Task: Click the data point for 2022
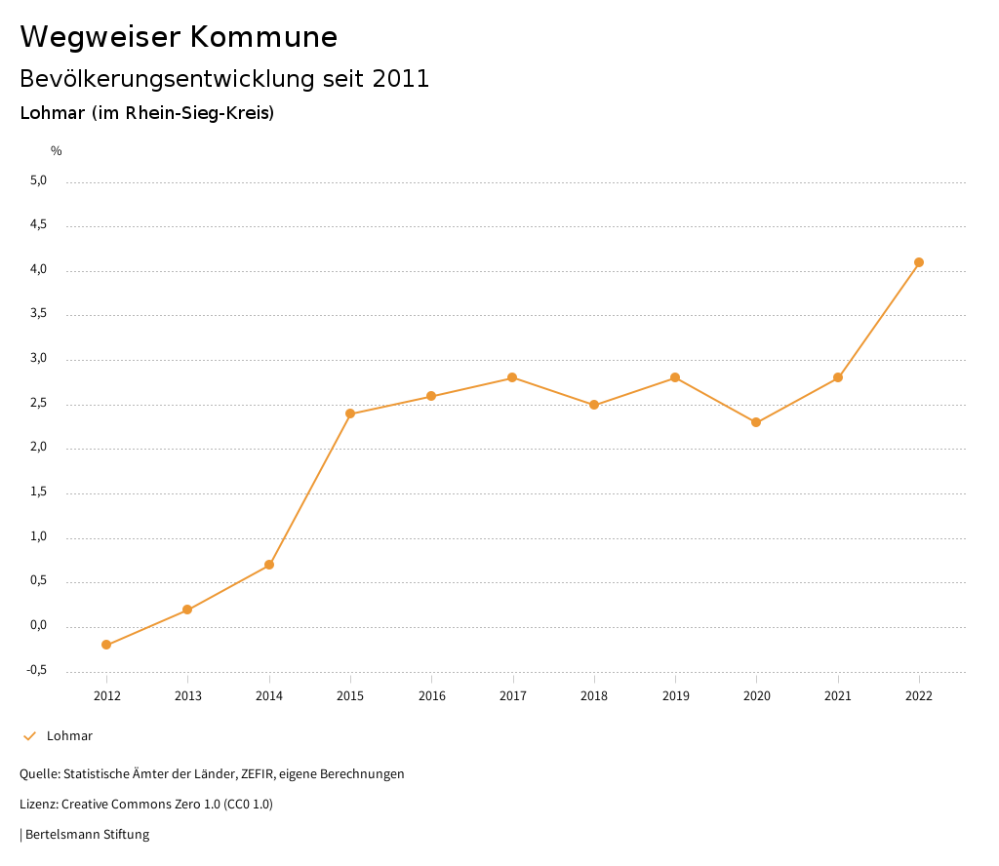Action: [919, 262]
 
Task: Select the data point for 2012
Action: [106, 645]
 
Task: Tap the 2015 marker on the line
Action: [350, 413]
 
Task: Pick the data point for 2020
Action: [756, 422]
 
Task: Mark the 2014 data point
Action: [269, 565]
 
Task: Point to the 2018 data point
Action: [593, 405]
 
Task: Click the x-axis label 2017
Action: [512, 695]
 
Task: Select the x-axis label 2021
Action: [837, 695]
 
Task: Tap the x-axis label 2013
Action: [187, 695]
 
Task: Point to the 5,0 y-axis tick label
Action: [38, 180]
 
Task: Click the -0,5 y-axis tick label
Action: [37, 670]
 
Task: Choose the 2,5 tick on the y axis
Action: [38, 403]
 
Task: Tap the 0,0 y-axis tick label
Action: [38, 625]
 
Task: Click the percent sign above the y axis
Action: [57, 150]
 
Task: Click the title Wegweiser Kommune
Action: [179, 37]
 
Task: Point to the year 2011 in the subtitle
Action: [401, 79]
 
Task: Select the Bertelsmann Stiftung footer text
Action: [87, 834]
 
